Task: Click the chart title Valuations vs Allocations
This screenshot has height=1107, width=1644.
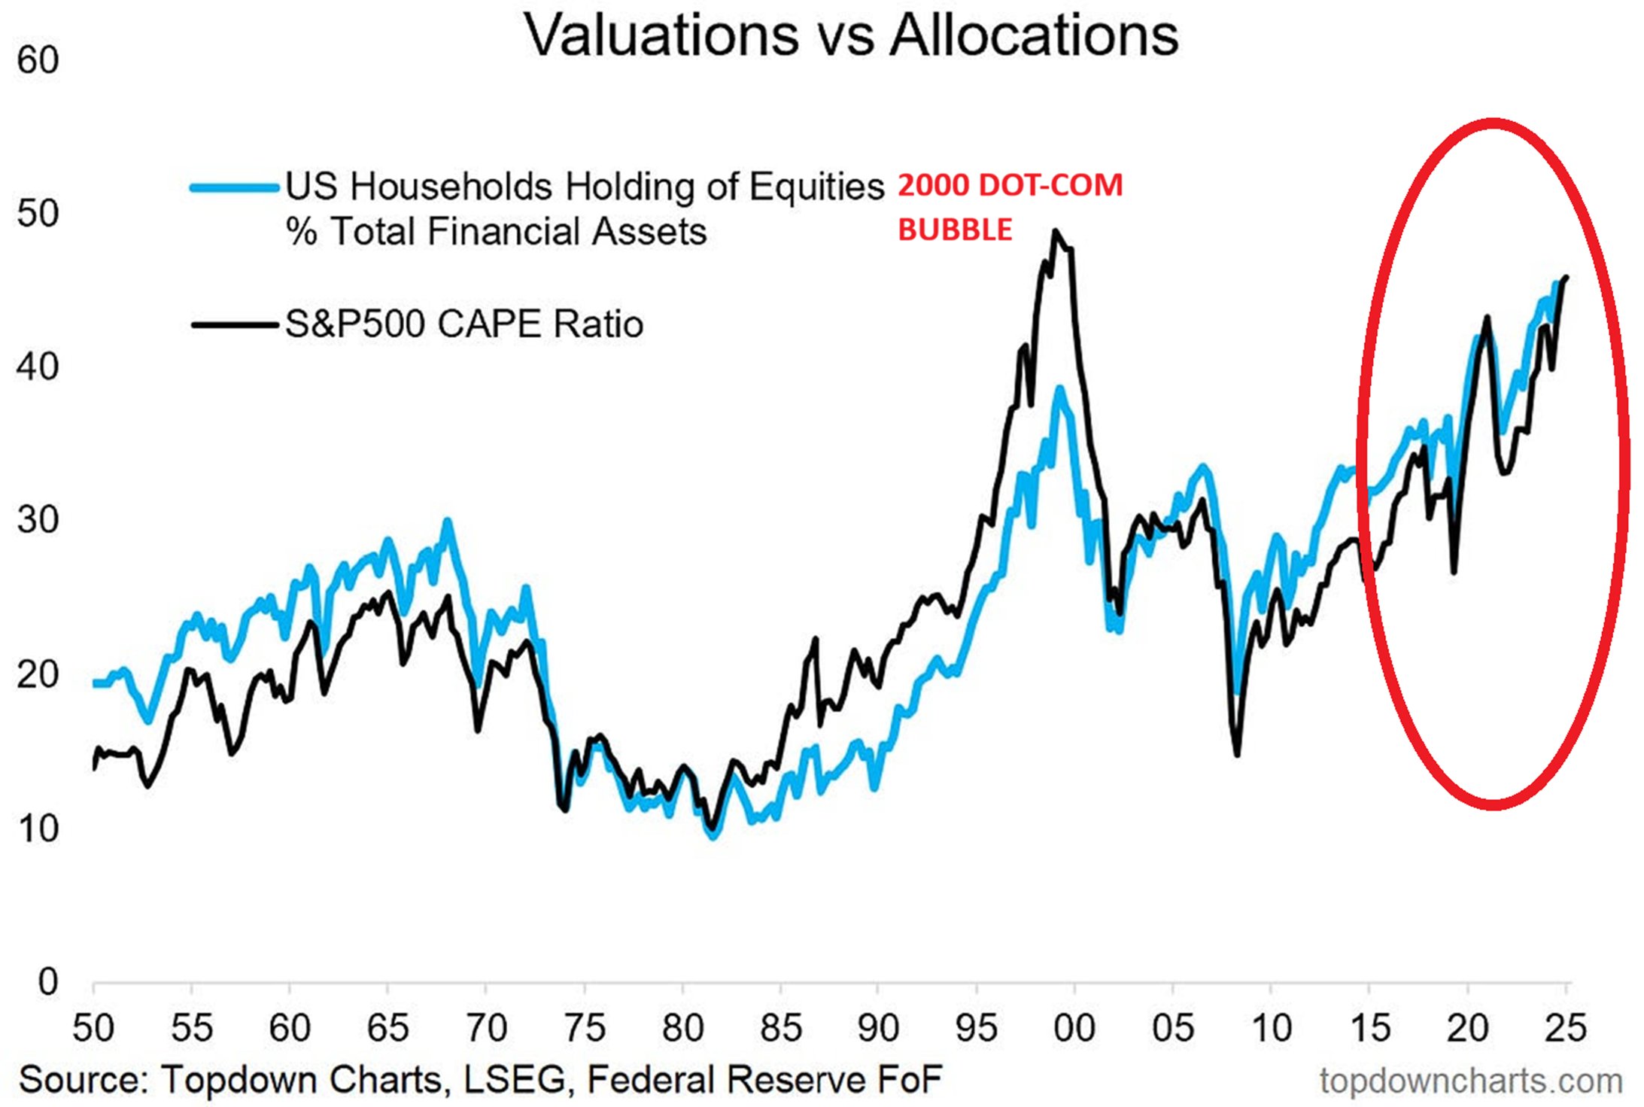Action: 850,35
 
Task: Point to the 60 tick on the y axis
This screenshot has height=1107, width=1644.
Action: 38,60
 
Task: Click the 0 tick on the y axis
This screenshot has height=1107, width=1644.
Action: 47,982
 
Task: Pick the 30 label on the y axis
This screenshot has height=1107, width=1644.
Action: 38,520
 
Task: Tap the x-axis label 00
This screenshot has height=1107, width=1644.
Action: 1074,1028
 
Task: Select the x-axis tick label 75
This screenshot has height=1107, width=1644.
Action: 584,1028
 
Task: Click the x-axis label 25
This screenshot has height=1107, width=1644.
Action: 1565,1028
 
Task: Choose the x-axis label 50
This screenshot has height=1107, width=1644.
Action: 93,1028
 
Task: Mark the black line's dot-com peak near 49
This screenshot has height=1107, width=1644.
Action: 1056,232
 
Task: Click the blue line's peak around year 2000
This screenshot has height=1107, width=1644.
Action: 1060,389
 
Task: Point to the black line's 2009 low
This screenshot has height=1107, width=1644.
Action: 1237,753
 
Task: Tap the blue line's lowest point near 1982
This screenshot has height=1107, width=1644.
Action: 713,836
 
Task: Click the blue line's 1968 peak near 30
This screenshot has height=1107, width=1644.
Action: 448,521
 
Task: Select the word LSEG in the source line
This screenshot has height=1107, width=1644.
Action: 514,1080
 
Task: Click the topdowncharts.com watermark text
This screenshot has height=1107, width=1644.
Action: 1471,1081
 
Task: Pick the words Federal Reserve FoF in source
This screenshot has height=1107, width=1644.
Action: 764,1080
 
